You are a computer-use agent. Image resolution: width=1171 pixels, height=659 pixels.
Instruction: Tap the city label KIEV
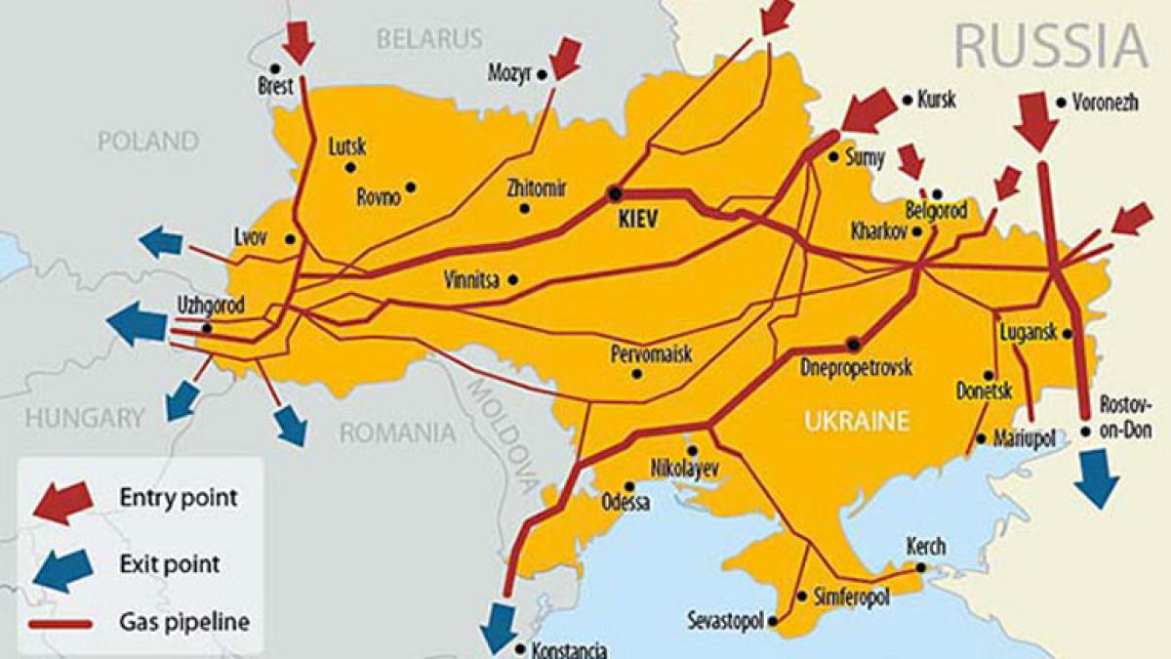[x=640, y=222]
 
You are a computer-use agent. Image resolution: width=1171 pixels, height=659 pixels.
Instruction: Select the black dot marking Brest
[x=275, y=68]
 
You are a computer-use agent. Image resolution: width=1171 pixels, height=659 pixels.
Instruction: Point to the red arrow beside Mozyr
[x=564, y=59]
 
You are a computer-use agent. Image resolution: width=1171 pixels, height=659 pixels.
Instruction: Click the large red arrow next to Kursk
[x=868, y=110]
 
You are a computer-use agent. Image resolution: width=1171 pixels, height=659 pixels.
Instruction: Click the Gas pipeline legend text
[x=184, y=622]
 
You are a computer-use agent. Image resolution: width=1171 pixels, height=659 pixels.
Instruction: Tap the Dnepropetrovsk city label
[x=856, y=368]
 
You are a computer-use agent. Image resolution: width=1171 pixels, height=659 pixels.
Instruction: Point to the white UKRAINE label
[x=856, y=422]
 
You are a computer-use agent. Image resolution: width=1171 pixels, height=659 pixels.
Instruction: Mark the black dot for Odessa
[x=630, y=486]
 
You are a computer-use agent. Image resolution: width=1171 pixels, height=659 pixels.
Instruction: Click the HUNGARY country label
[x=84, y=419]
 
